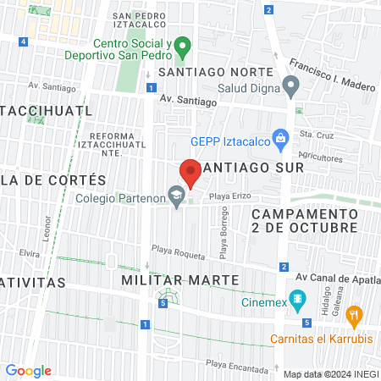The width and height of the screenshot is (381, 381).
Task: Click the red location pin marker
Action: (190, 173)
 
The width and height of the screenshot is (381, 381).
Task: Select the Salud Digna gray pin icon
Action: (291, 85)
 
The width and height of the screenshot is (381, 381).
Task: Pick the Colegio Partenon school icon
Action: (176, 197)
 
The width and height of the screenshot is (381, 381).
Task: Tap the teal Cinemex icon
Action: (296, 299)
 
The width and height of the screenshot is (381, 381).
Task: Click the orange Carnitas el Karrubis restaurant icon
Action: (355, 316)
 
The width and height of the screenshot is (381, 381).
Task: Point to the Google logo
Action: (28, 371)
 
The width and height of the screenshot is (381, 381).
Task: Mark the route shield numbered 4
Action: (23, 41)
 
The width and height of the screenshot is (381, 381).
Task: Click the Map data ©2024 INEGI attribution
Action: (331, 374)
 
